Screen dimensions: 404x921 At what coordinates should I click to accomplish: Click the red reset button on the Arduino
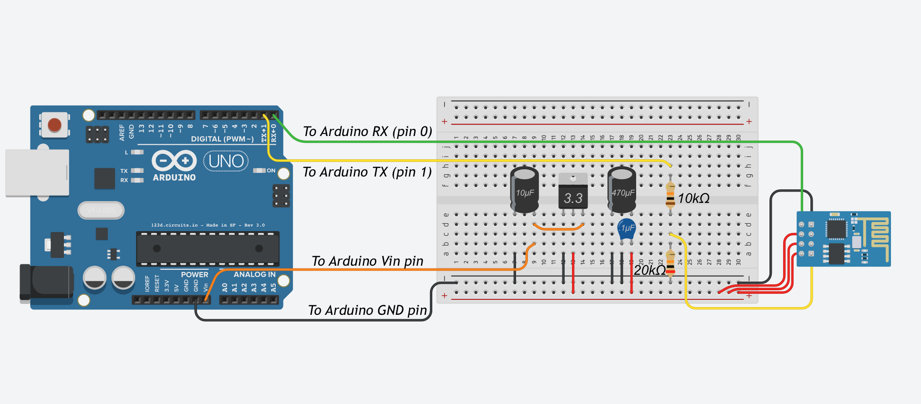tap(55, 125)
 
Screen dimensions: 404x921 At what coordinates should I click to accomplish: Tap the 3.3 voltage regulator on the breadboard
tap(573, 193)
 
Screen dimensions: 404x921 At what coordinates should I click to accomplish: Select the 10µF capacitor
tap(524, 190)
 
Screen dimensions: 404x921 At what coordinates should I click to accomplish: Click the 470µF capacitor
tap(622, 190)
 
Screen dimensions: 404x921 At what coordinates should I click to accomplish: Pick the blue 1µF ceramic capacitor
tap(627, 229)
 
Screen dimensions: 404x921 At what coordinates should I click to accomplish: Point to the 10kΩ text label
tap(693, 198)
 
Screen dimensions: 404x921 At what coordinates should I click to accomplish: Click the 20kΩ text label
tap(650, 270)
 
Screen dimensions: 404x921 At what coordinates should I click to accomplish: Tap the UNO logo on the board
tap(226, 162)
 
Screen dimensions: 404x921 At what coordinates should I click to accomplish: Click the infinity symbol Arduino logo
tap(174, 161)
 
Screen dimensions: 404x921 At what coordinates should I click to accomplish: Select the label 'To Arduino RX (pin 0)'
tap(367, 131)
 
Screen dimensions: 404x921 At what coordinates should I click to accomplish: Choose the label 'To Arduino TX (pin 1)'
tap(367, 172)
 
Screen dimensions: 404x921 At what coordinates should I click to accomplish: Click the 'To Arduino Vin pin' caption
tap(367, 261)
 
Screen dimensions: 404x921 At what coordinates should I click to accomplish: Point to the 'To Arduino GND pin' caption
tap(367, 310)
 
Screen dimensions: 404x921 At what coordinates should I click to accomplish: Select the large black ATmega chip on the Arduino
tap(207, 248)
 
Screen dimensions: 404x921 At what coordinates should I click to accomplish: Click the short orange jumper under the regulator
tap(558, 227)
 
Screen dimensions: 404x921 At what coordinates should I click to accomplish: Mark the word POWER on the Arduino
tap(194, 275)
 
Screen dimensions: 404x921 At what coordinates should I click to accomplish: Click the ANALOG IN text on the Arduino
tap(254, 274)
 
